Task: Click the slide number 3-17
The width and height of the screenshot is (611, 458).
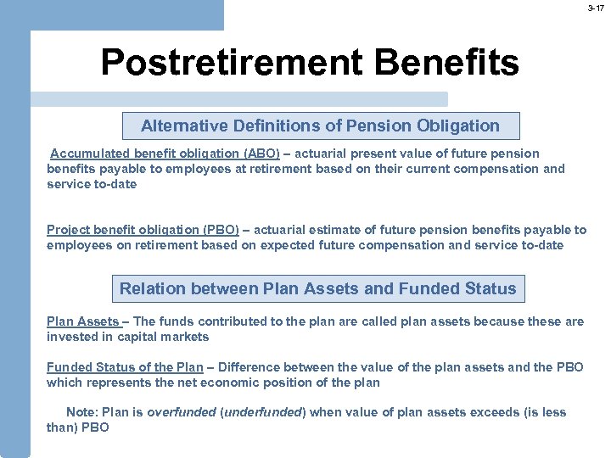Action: pos(597,8)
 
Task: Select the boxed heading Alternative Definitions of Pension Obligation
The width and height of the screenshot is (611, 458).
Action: pos(320,126)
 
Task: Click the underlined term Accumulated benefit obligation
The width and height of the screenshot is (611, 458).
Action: pos(145,154)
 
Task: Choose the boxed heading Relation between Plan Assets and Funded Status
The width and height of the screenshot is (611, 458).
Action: pos(317,289)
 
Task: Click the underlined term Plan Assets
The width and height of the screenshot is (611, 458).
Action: pos(82,321)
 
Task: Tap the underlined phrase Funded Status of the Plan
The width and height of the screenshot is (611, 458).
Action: pos(125,367)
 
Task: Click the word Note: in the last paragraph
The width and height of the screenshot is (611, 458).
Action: pos(81,413)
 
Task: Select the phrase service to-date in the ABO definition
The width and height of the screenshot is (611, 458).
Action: pos(92,184)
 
